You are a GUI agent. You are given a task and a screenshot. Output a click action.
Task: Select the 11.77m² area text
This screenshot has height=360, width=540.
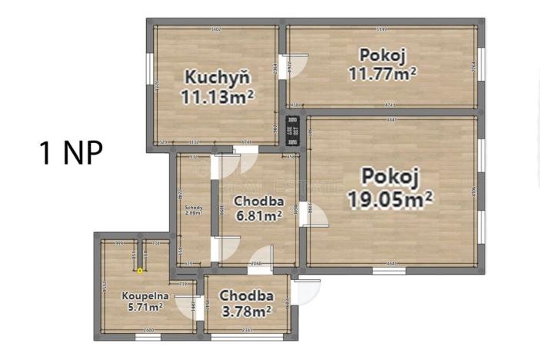382,74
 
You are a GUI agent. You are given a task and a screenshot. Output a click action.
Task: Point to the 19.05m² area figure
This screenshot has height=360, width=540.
389,198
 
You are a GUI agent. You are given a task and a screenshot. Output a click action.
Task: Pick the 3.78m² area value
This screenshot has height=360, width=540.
246,312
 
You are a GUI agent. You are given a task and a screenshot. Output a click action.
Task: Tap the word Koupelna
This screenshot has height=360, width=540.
144,295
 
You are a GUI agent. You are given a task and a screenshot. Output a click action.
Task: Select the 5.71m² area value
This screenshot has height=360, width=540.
145,307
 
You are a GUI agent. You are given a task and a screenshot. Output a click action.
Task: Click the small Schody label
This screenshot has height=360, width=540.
194,208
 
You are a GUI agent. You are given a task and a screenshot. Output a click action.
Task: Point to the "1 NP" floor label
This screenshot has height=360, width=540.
71,152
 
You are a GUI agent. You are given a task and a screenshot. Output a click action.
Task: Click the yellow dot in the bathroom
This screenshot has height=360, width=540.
140,270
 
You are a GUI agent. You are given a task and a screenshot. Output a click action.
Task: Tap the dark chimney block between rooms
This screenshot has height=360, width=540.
292,129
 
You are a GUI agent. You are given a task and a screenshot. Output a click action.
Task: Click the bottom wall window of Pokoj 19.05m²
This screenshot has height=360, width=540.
389,271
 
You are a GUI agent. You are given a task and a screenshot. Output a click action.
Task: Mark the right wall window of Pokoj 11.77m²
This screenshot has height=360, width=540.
481,65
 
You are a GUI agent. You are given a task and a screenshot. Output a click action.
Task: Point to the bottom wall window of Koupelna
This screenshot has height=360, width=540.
148,337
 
